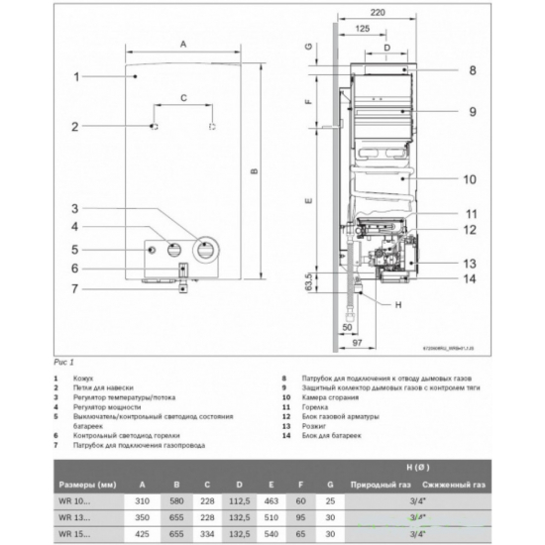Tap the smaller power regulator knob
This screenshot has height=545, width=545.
pos(174,250)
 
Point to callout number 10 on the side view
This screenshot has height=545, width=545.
pos(472,178)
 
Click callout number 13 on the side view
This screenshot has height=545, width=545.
pos(472,264)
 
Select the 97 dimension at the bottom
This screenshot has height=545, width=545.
pos(360,342)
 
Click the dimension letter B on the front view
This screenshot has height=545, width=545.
pos(255,172)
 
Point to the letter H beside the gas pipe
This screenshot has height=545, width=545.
pos(398,304)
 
